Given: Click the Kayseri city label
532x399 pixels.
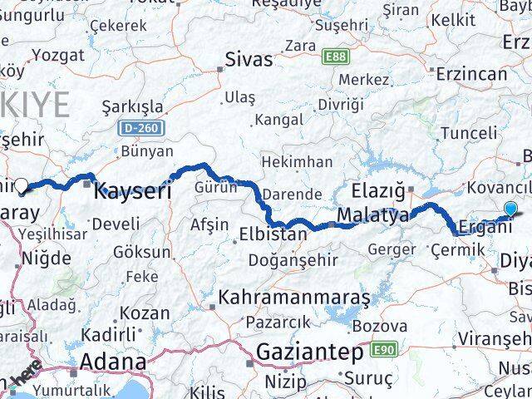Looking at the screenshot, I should (x=133, y=191).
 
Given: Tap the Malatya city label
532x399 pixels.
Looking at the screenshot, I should (x=373, y=216).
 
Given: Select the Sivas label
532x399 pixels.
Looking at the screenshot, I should (x=249, y=60).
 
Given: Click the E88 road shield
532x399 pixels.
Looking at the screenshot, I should (x=337, y=56).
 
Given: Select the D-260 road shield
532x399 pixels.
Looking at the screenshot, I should (x=141, y=129).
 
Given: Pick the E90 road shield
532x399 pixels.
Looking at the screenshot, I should (x=383, y=351).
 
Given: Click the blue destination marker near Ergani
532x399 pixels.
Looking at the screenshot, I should (x=510, y=209).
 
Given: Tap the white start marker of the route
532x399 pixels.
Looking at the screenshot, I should (x=22, y=186).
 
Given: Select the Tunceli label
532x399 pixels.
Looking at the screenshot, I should (x=468, y=133).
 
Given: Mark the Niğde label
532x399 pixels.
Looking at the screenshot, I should (x=46, y=258).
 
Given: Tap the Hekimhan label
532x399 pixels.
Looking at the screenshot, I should (x=297, y=161).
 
